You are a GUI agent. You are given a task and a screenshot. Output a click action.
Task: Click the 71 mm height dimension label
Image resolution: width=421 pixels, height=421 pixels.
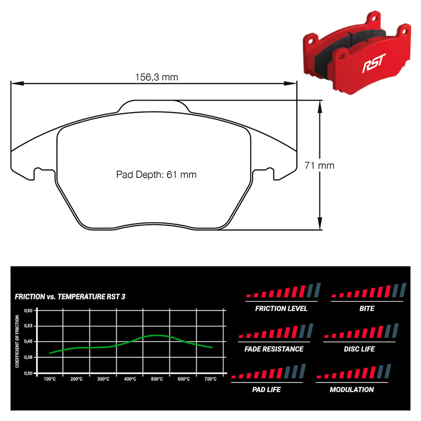pos(319,165)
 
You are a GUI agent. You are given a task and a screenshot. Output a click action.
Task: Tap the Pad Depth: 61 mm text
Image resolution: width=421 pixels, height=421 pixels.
pos(156,174)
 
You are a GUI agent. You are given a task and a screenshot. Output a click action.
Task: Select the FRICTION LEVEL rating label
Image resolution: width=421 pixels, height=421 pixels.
pos(277,308)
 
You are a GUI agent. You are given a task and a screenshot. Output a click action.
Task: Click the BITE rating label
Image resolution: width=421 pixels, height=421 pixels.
pos(367,308)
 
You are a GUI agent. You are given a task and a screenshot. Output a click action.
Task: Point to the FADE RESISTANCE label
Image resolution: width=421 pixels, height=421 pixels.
pos(274,349)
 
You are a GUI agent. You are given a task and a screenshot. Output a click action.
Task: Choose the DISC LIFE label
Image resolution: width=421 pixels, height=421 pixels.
pos(359,349)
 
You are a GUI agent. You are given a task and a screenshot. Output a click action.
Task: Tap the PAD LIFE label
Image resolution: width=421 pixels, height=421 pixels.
pos(266,389)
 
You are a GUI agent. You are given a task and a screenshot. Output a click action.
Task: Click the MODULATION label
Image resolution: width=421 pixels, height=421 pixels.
pos(352,389)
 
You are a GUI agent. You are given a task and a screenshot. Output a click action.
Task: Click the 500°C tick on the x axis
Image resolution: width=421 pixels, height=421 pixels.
pos(156,379)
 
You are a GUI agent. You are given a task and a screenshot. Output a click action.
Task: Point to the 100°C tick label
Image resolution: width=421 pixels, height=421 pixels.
pos(50,379)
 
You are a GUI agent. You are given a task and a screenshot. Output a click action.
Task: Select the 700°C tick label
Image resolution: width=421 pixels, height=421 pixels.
pos(210,379)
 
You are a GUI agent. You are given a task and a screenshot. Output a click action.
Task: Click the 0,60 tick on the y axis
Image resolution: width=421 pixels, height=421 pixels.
pos(29,310)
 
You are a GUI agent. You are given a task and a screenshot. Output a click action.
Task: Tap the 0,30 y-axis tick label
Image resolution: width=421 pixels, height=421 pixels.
pos(29,373)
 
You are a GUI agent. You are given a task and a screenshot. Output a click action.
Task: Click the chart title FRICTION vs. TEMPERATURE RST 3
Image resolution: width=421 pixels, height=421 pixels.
pos(70,297)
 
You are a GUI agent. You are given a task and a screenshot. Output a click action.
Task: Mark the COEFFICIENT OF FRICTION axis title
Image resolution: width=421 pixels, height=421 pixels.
pos(17,341)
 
